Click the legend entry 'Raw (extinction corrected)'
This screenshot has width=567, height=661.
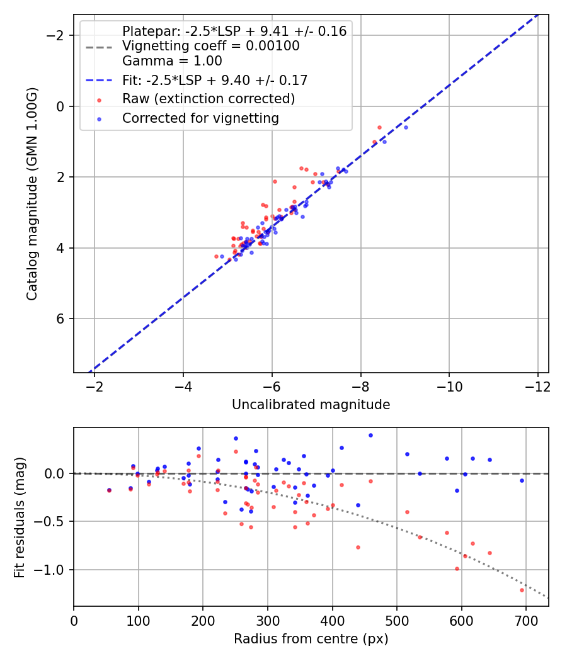coord(208,99)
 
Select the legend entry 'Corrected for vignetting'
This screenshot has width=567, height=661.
coord(200,118)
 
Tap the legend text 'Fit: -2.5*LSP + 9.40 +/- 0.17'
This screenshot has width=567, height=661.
coord(214,80)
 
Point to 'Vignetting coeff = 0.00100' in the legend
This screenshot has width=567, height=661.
coord(210,46)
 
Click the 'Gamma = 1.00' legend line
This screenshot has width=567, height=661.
coord(172,61)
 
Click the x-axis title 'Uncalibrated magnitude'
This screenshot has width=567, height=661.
coord(311,405)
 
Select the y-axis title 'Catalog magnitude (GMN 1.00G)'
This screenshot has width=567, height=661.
coord(32,193)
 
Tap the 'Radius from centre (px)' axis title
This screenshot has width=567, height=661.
coord(311,639)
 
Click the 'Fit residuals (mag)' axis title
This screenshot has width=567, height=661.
coord(20,517)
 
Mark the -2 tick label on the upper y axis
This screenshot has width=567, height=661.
coord(57,36)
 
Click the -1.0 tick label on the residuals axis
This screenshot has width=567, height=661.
coord(54,570)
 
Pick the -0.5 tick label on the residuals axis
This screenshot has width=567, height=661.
coord(54,521)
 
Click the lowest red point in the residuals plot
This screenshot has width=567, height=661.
coord(522,590)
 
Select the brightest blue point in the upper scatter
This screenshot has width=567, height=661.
coord(406,127)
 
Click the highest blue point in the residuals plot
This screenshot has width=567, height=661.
coord(370,435)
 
